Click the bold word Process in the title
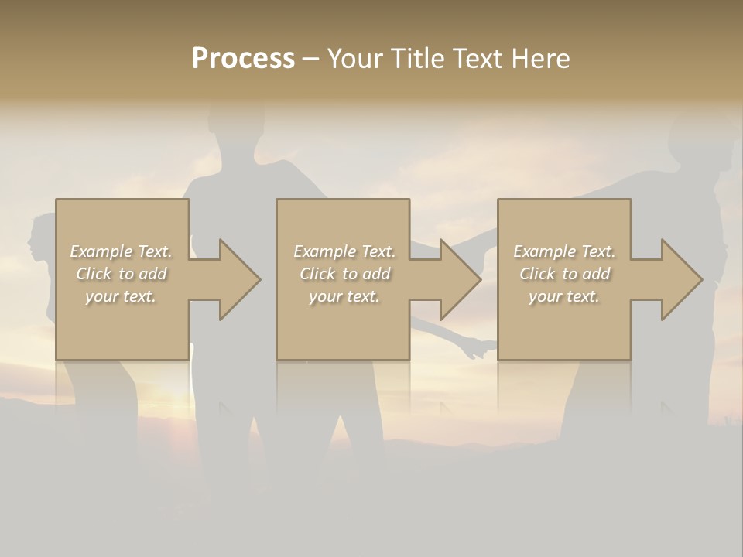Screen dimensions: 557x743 point(243,59)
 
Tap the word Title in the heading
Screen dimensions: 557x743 point(414,59)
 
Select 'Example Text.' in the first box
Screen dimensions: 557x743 point(121,251)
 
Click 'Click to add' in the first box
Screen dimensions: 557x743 point(121,274)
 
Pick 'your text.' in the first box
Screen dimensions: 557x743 point(121,296)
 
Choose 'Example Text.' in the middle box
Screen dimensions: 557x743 point(344,251)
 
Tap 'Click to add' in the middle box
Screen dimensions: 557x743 point(344,274)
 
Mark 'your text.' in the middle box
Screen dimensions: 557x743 point(344,296)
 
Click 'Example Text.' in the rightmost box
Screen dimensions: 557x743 point(564,251)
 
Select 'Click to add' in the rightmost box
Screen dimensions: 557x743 point(564,274)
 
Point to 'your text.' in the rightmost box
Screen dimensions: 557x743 point(564,296)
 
